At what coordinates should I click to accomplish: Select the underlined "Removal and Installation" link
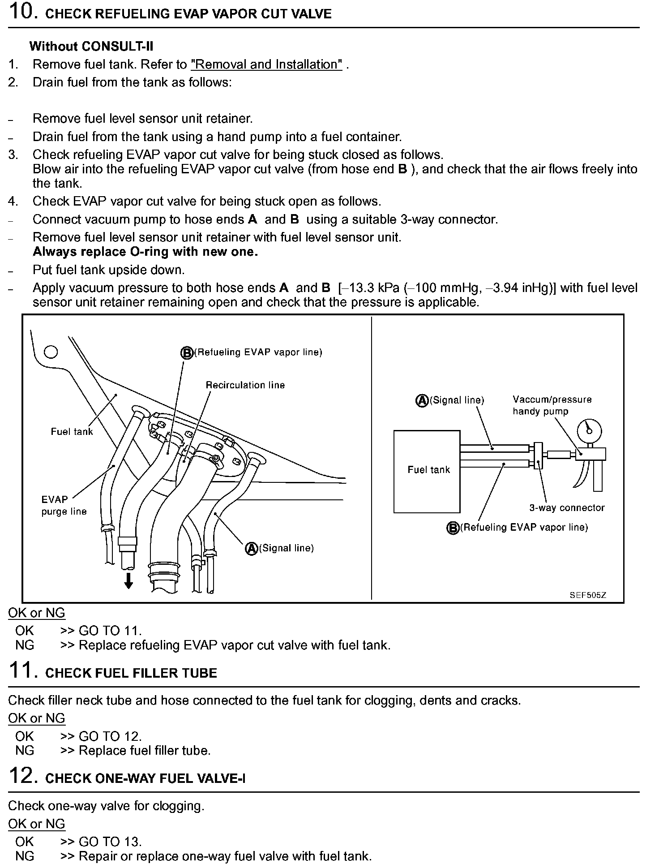pos(266,64)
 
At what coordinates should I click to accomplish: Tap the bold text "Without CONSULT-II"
pos(91,46)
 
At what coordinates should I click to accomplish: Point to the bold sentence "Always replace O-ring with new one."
pos(145,252)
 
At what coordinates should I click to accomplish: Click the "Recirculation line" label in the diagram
pos(245,385)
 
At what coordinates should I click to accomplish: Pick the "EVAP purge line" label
pos(64,505)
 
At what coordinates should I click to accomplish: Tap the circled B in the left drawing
pos(187,353)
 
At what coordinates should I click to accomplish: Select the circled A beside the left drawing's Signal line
pos(252,548)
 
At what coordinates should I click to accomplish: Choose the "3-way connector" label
pos(567,508)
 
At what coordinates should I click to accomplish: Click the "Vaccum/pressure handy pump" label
pos(552,405)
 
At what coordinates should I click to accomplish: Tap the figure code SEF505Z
pos(588,595)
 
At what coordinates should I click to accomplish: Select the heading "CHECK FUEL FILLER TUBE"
pos(131,674)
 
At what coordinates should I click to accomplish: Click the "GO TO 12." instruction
pos(110,736)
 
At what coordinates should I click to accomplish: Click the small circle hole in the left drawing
pos(51,352)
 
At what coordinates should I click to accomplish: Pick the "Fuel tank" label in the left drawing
pos(72,432)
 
